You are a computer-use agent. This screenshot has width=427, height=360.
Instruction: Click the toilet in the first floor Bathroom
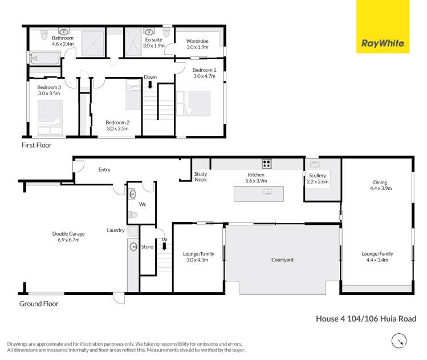(x=44, y=35)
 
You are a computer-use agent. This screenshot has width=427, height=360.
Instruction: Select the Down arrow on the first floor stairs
(x=151, y=85)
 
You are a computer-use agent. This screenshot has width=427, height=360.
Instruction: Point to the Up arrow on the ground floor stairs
(x=165, y=246)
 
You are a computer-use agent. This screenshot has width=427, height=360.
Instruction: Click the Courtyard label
(x=282, y=260)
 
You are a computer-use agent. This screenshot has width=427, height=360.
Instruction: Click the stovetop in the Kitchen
(x=266, y=164)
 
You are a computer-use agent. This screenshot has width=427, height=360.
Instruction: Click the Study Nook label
(x=200, y=177)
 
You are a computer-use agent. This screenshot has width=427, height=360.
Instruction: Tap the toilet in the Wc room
(x=132, y=215)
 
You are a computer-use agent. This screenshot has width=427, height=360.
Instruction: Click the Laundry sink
(x=134, y=246)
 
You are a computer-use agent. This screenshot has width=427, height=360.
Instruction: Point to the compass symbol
(x=399, y=341)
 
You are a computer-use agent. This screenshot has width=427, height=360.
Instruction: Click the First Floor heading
(x=36, y=145)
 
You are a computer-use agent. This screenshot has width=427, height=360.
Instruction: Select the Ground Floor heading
(x=39, y=304)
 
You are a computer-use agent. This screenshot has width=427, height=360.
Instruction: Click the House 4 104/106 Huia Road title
(x=365, y=319)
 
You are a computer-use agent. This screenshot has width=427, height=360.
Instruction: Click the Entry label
(x=104, y=169)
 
